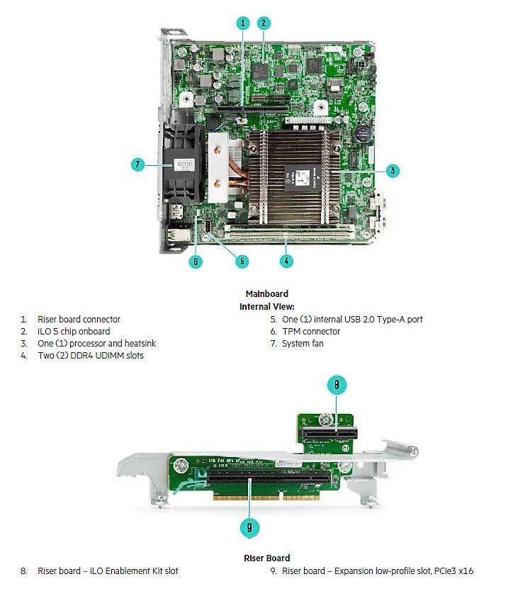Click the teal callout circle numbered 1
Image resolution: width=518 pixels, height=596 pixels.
click(243, 23)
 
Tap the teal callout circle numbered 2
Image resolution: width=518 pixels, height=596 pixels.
click(264, 23)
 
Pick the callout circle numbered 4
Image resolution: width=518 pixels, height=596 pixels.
click(286, 260)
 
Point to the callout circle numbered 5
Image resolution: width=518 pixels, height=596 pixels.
click(242, 261)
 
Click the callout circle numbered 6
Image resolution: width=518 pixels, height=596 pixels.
click(196, 261)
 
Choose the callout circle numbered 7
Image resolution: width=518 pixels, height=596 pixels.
click(138, 164)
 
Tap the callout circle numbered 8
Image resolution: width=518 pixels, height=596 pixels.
click(337, 385)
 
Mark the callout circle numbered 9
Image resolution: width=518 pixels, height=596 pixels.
click(249, 527)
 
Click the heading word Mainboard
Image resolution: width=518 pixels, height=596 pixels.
click(266, 293)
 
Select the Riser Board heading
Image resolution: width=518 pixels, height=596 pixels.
click(267, 558)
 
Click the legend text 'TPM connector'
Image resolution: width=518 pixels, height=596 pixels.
click(310, 331)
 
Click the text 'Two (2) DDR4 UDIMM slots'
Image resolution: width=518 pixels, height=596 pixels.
click(91, 355)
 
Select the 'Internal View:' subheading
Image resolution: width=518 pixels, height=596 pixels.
click(267, 306)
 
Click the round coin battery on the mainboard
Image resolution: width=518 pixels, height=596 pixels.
click(364, 132)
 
